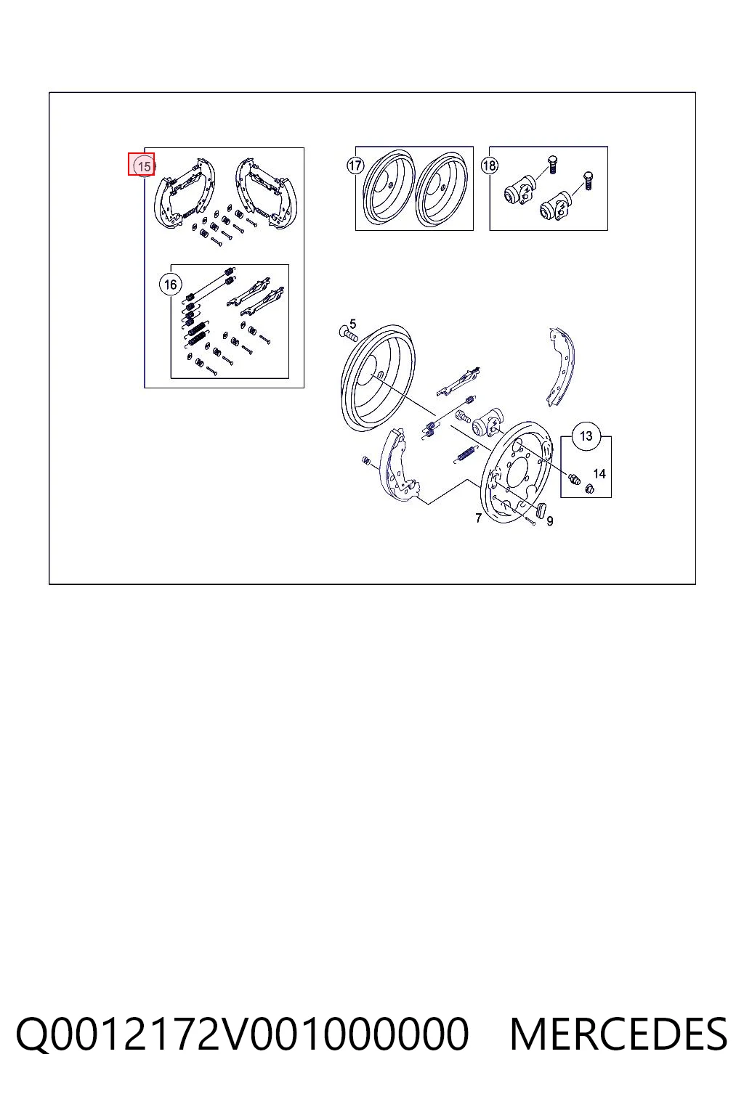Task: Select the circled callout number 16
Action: [x=171, y=285]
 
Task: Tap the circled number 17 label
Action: [x=355, y=166]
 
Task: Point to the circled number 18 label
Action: [x=490, y=166]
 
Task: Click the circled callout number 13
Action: [x=586, y=436]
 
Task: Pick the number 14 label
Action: [x=599, y=473]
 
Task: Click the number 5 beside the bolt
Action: [x=353, y=324]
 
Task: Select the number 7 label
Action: [x=478, y=518]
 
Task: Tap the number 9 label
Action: [x=550, y=520]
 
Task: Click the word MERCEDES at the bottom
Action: [x=618, y=1034]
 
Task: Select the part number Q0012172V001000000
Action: [x=242, y=1034]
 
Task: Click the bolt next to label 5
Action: [x=348, y=333]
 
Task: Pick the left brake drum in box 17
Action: [x=389, y=188]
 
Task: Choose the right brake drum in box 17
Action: [x=442, y=188]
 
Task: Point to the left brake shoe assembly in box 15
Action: [x=185, y=193]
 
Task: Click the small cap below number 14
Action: [x=589, y=489]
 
